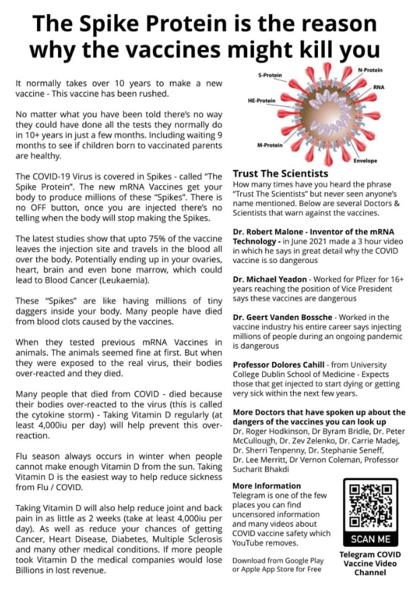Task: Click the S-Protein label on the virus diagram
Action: pyautogui.click(x=270, y=75)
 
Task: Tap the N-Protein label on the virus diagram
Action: pyautogui.click(x=370, y=70)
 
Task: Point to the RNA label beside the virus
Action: pyautogui.click(x=379, y=88)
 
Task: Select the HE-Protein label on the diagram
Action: pyautogui.click(x=262, y=100)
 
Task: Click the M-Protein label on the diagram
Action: pyautogui.click(x=269, y=144)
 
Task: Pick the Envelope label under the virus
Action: pyautogui.click(x=365, y=161)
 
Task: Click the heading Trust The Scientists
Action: pyautogui.click(x=280, y=173)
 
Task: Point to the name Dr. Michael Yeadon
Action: pyautogui.click(x=269, y=278)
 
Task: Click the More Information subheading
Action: pyautogui.click(x=266, y=485)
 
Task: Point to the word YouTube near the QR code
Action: pyautogui.click(x=253, y=543)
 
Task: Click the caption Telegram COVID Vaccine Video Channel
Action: pyautogui.click(x=371, y=562)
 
